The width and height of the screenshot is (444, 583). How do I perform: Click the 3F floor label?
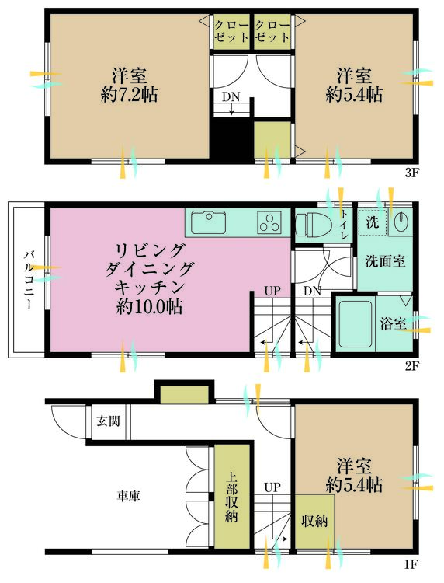coord(411,173)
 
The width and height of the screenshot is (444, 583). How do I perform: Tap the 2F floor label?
coord(411,367)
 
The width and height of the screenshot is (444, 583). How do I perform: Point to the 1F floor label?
coord(411,565)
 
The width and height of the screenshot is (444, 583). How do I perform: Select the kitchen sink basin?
coord(209,222)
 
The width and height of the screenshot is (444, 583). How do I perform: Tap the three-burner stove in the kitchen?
coord(269,222)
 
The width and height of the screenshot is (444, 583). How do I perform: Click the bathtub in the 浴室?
coord(356,323)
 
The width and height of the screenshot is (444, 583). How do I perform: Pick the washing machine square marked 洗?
coord(373,222)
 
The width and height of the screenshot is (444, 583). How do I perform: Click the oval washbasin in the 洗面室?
coord(401,222)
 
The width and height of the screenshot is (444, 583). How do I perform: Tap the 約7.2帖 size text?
coord(129,95)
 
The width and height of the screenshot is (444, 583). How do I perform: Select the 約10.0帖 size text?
coord(149,306)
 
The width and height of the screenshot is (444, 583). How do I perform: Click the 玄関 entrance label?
coord(108,421)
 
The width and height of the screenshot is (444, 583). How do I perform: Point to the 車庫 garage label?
coord(129,496)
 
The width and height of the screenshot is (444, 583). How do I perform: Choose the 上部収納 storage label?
coord(231,497)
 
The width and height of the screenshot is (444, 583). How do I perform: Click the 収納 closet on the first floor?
coord(314,522)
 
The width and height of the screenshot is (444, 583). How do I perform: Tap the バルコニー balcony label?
coord(29,281)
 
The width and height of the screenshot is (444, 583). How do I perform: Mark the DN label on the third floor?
coord(231,97)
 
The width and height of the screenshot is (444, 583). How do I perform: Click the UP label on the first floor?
coord(272,487)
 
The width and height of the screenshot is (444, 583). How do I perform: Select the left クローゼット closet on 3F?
coord(231,32)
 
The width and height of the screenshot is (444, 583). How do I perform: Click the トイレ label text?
coord(344,225)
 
